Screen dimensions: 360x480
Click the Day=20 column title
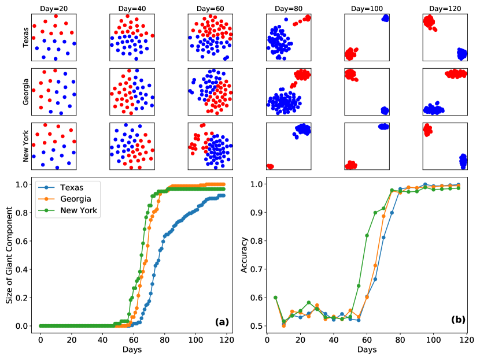point(54,8)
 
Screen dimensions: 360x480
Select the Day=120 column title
point(445,8)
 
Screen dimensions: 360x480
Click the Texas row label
point(26,36)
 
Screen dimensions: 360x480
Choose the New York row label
point(26,146)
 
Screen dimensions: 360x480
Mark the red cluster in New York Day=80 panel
point(270,167)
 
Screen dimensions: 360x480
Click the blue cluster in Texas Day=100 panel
point(385,18)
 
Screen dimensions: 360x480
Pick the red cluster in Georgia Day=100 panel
point(350,74)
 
